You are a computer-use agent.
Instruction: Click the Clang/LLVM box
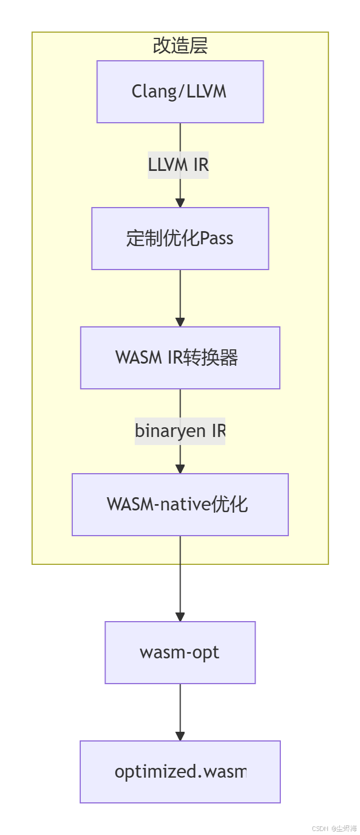click(x=180, y=92)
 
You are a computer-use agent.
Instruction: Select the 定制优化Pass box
click(x=180, y=239)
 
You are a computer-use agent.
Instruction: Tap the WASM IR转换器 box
click(x=180, y=358)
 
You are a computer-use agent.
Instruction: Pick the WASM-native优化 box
click(x=180, y=505)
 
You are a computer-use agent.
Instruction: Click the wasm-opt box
click(x=180, y=653)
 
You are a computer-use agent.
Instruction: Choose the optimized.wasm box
click(x=180, y=772)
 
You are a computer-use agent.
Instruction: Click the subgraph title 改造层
click(x=180, y=46)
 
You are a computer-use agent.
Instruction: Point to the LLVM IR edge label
click(x=178, y=165)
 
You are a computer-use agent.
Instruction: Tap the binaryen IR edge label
click(x=180, y=431)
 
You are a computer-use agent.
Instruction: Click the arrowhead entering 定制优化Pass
click(x=180, y=203)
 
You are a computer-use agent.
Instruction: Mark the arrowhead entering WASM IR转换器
click(x=180, y=322)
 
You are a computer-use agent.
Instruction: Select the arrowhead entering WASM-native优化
click(x=180, y=469)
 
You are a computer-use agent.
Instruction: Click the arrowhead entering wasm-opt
click(x=180, y=617)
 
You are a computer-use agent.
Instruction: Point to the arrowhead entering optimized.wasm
click(x=180, y=736)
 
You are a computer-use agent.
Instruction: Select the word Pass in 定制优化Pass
click(x=216, y=239)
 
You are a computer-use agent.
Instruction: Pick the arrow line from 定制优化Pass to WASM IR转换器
click(x=180, y=295)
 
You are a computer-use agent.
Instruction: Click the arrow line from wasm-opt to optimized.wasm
click(x=180, y=708)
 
